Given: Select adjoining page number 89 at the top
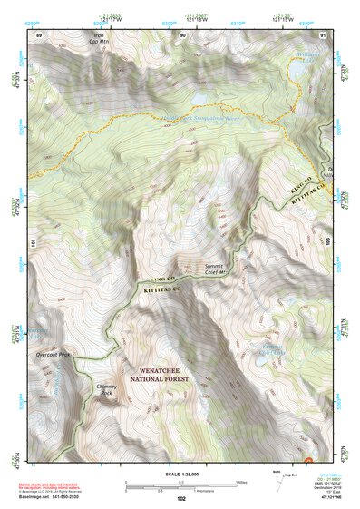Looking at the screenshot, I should [x=39, y=34].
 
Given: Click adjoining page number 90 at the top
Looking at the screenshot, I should [x=183, y=34].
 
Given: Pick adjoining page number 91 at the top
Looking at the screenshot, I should [x=324, y=34].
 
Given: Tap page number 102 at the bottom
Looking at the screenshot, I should [x=181, y=497].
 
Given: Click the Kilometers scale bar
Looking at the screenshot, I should [x=181, y=488].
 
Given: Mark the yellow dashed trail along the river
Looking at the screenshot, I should [x=136, y=119].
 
